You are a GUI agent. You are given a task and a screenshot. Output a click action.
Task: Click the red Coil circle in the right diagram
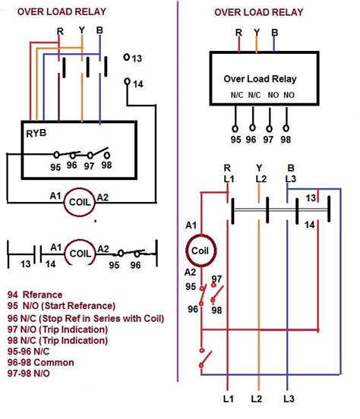[201, 250]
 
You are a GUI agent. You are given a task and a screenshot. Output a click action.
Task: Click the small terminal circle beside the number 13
[126, 58]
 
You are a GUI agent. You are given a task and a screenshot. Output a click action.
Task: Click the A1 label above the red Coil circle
[192, 225]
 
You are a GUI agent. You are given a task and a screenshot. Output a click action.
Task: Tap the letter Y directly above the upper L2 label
[260, 167]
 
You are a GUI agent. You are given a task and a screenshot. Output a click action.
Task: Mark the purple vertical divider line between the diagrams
[178, 228]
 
